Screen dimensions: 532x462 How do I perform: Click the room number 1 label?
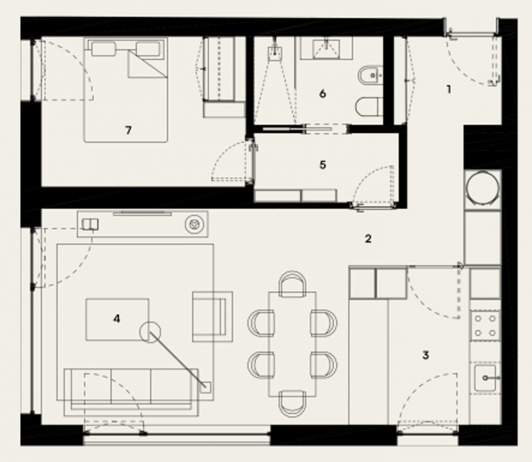[449, 89]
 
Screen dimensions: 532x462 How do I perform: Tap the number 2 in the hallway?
[368, 239]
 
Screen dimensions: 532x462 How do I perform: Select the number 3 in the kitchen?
[426, 355]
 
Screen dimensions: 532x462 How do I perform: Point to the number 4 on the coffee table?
[117, 318]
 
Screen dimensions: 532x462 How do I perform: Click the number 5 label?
[323, 165]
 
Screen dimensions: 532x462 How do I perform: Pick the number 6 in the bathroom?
[323, 93]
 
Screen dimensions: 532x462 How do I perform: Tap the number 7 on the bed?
[128, 130]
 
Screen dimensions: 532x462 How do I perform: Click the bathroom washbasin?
[326, 48]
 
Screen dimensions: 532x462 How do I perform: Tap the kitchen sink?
[485, 378]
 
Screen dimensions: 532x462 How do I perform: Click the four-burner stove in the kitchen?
[485, 326]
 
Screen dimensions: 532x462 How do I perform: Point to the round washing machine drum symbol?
[483, 188]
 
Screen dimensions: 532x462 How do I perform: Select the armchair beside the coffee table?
[212, 316]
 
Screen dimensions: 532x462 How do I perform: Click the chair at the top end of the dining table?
[293, 284]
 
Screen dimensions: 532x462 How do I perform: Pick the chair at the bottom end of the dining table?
[293, 404]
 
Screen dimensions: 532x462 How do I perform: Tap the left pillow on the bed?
[104, 49]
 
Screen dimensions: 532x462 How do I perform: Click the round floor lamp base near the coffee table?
[150, 332]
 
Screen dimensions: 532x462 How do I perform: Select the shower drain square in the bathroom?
[275, 54]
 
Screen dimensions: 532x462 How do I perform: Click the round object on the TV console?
[194, 224]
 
